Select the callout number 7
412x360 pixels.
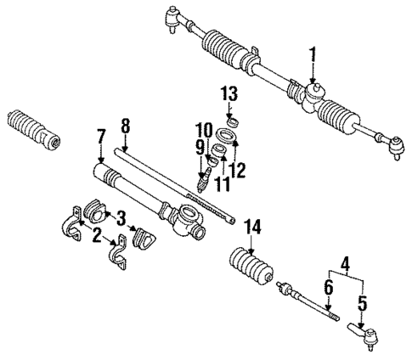tap(101, 135)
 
